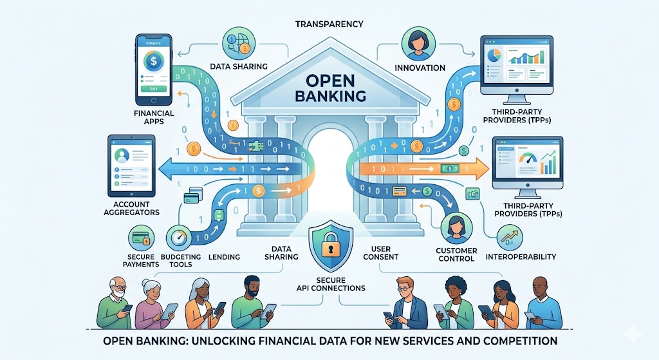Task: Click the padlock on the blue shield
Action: pyautogui.click(x=329, y=247)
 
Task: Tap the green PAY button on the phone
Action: pyautogui.click(x=153, y=89)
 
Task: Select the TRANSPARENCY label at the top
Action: pyautogui.click(x=329, y=24)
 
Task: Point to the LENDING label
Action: pyautogui.click(x=225, y=257)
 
